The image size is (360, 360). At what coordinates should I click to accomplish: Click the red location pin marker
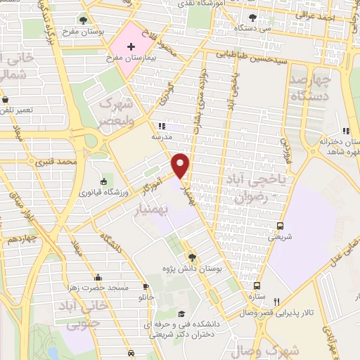click(181, 165)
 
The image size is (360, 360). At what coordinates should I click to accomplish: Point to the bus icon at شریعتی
click(281, 226)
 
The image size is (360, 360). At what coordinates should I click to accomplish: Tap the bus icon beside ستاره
click(257, 285)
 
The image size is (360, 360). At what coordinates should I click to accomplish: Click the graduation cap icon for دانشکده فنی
click(181, 314)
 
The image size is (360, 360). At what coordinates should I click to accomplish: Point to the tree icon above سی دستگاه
click(252, 18)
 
